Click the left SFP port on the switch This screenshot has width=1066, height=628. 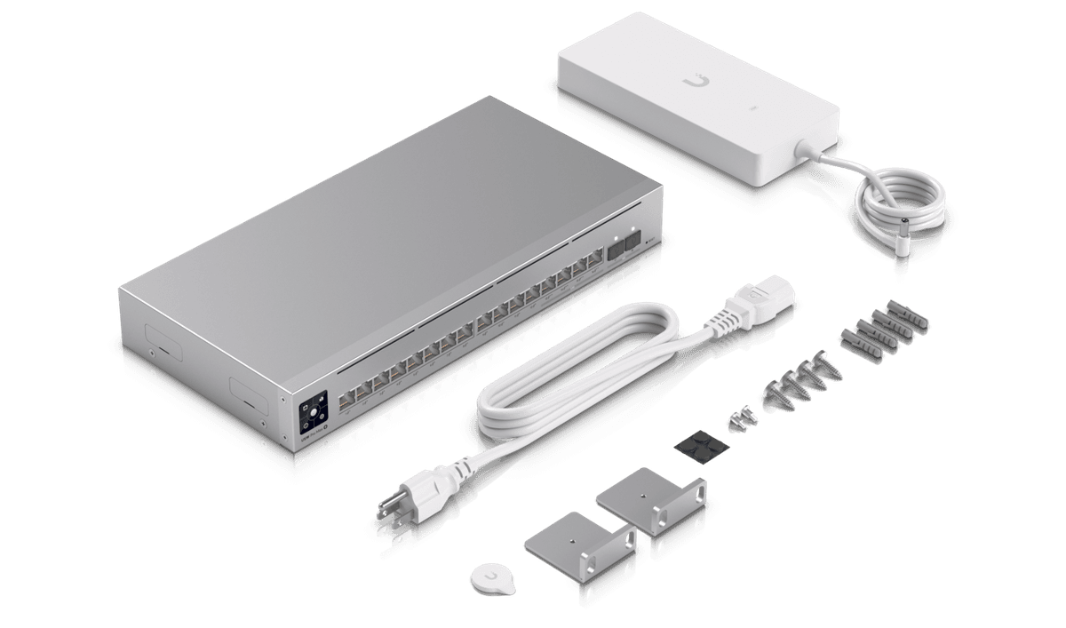point(614,250)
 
